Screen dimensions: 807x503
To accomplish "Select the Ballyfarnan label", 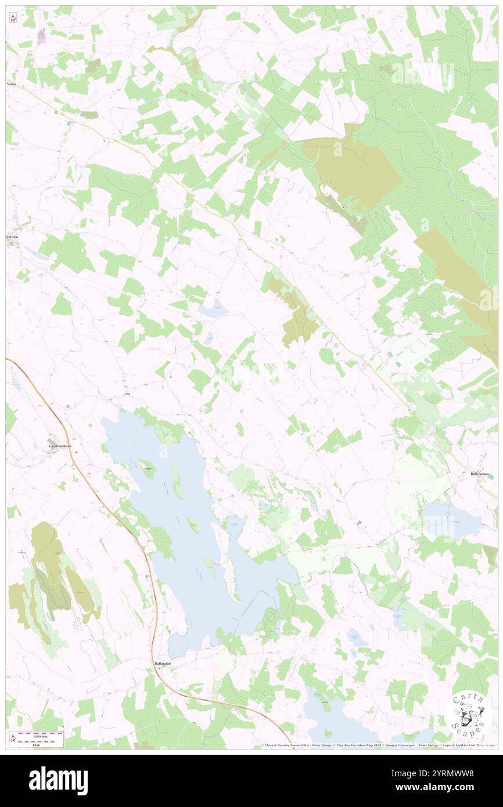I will point(481,474).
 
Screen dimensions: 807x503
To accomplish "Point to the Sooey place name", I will point(12,84).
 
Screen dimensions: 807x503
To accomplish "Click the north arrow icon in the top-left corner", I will point(12,18).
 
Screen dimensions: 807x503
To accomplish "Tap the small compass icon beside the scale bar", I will point(12,738).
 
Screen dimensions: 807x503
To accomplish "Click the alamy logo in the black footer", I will point(59,781).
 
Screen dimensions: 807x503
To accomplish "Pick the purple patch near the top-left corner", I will point(41,36).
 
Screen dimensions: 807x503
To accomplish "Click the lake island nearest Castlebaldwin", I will point(148,469).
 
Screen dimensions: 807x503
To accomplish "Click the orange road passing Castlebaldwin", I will point(76,459).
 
